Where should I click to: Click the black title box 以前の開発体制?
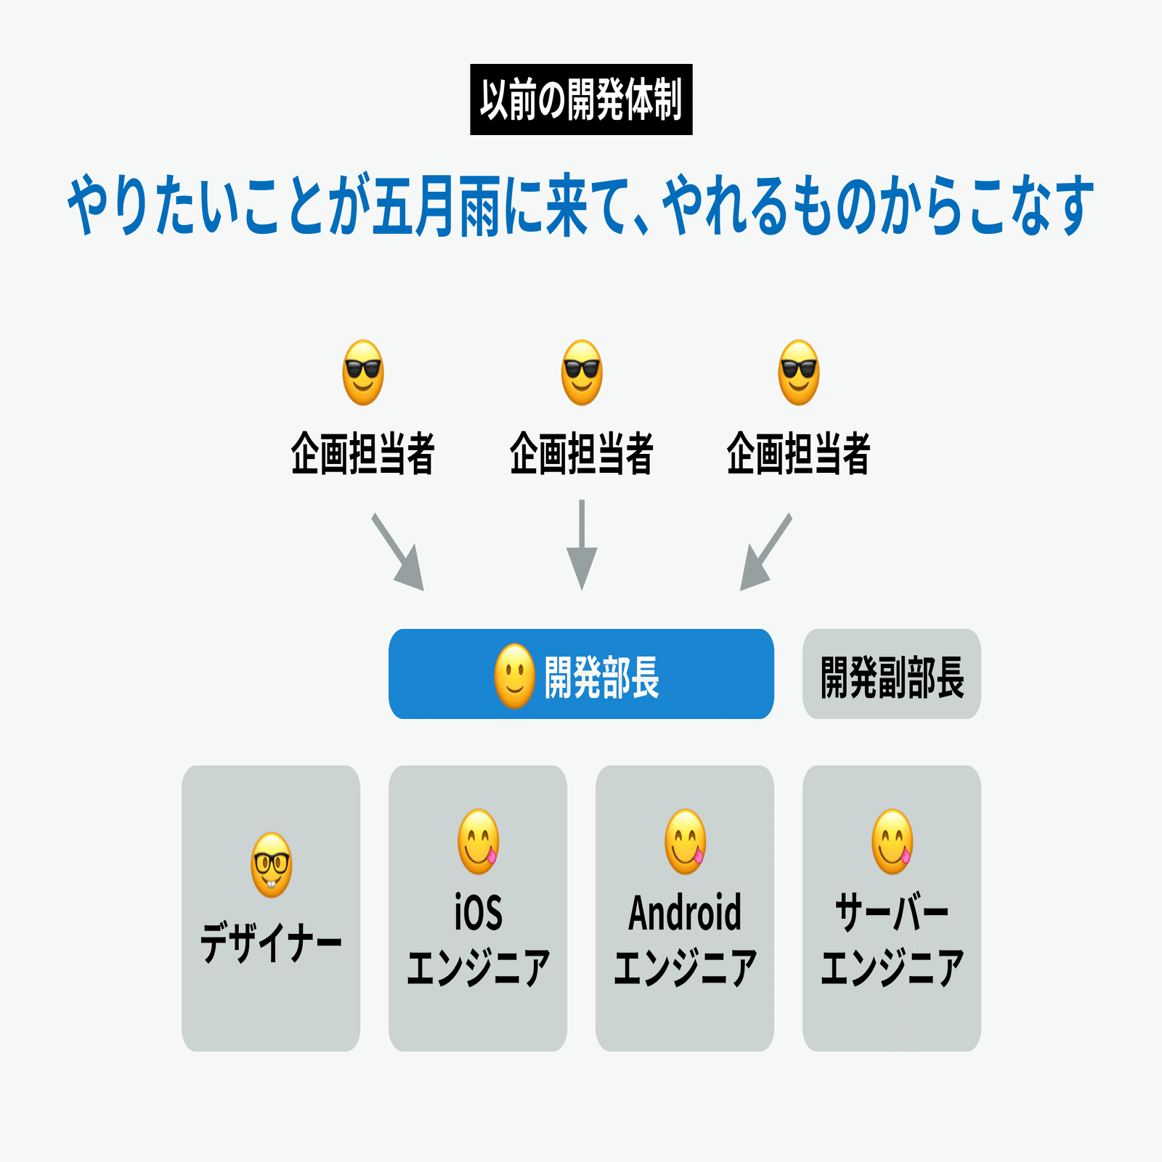[581, 99]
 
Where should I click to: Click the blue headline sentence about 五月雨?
[581, 206]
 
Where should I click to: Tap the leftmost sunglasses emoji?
[363, 373]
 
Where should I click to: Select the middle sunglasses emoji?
[582, 373]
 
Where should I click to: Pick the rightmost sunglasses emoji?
[799, 373]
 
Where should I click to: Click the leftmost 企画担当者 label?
[363, 453]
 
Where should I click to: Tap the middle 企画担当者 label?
[582, 453]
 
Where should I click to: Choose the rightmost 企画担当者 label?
[799, 453]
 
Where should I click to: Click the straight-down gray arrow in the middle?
[582, 545]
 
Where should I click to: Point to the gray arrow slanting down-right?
[397, 552]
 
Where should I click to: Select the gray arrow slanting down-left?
[766, 552]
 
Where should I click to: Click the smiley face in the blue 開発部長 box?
[515, 676]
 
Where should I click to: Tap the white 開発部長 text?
[602, 678]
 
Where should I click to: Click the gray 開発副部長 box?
[892, 674]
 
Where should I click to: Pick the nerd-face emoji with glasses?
[272, 865]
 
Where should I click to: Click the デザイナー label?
[271, 943]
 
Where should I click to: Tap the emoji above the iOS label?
[479, 842]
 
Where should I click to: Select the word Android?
[685, 913]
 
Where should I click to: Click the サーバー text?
[892, 913]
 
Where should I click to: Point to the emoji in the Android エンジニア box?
[686, 842]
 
